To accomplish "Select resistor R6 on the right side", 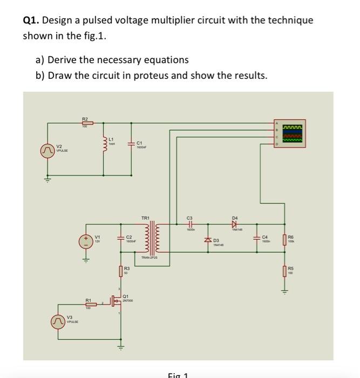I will [285, 239].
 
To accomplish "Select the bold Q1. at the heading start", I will [31, 21].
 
